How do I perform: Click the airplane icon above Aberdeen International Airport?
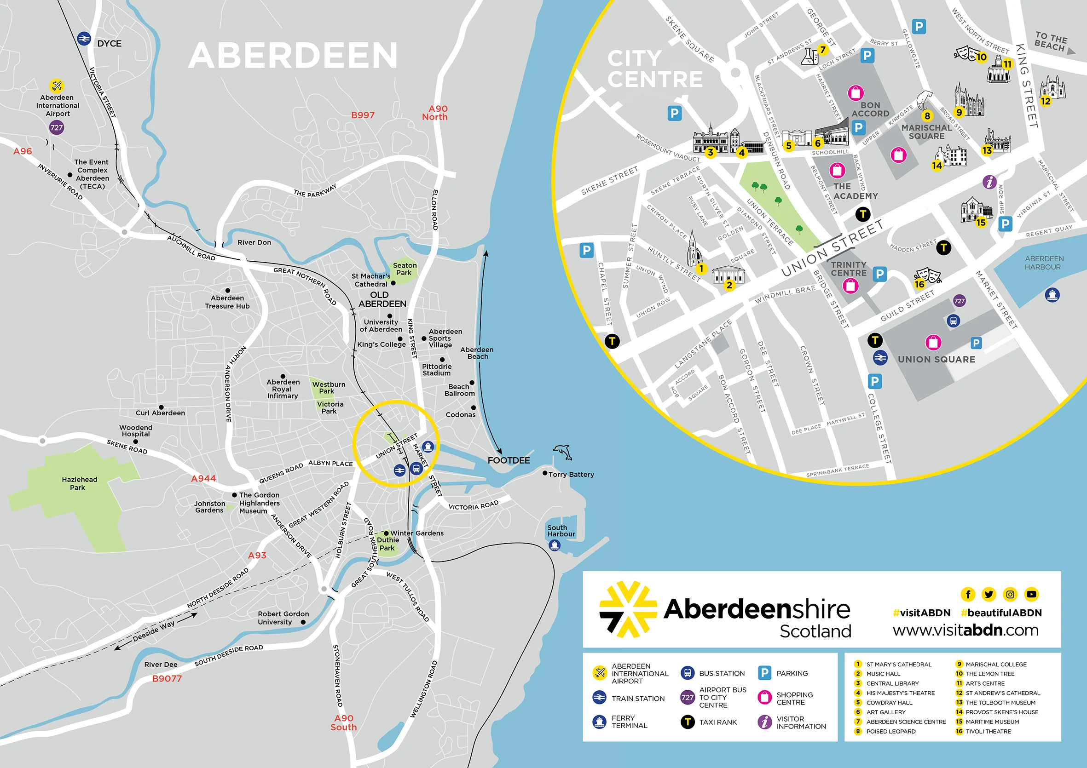pos(57,86)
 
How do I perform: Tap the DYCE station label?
pos(109,44)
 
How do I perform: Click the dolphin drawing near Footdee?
pos(563,452)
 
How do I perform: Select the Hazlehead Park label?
pos(79,483)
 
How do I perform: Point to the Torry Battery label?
pos(571,474)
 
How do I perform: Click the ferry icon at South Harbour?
pos(555,545)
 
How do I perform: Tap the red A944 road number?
pos(203,478)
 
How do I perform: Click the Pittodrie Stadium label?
pos(437,370)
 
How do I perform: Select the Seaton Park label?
pos(405,269)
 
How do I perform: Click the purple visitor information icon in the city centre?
pos(989,182)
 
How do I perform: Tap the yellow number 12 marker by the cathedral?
pos(1045,101)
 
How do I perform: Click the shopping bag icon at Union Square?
pos(933,342)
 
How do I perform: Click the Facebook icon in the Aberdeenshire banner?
pos(968,594)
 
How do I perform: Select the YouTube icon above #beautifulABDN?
pos(1031,594)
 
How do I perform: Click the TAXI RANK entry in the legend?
pos(717,722)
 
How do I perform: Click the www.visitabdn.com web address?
pos(966,630)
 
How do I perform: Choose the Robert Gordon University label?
pos(283,618)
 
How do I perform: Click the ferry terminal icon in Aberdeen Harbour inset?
pos(1052,295)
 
